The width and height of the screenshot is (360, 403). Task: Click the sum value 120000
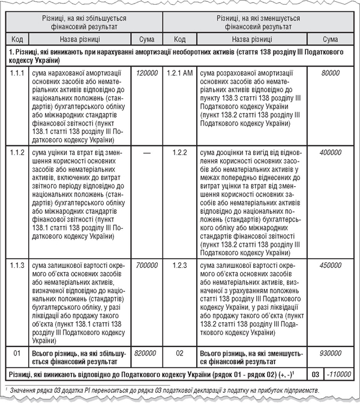(x=146, y=72)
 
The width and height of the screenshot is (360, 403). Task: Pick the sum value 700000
(x=146, y=265)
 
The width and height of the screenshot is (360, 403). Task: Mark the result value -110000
(x=339, y=374)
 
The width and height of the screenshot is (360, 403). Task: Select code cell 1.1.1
(x=18, y=72)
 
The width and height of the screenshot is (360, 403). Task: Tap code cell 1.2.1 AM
(x=179, y=72)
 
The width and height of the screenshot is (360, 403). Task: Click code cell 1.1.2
(x=18, y=153)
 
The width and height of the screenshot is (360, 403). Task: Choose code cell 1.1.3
(x=18, y=265)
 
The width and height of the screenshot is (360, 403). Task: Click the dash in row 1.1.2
(x=146, y=153)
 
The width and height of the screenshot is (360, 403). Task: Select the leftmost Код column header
(x=18, y=39)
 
